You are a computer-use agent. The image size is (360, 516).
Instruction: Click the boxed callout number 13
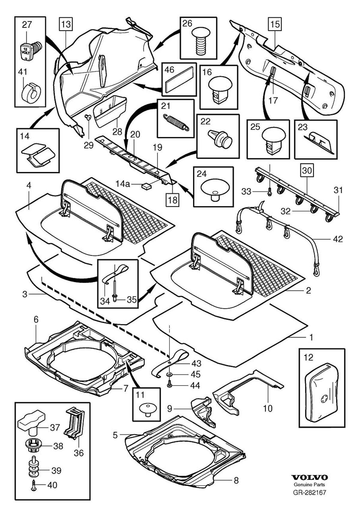click(66, 24)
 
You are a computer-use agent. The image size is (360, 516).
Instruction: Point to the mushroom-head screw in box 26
click(198, 41)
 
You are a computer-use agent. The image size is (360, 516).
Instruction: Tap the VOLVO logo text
click(310, 477)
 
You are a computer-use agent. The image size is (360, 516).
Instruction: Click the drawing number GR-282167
click(310, 492)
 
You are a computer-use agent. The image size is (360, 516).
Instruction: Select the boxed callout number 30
click(307, 170)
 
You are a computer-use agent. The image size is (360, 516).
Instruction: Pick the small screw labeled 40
click(33, 485)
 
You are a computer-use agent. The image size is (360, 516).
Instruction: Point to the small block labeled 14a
click(146, 186)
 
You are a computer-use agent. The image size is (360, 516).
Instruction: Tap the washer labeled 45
click(169, 375)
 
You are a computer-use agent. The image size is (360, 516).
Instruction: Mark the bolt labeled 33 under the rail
click(269, 191)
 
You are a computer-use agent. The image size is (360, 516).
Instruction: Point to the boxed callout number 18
click(172, 200)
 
